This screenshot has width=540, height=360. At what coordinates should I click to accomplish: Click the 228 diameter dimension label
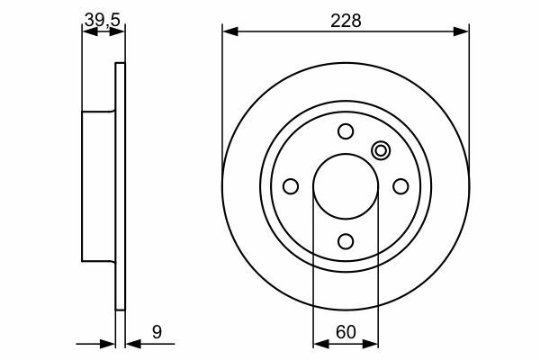click(346, 21)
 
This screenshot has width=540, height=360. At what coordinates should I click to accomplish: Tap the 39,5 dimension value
click(103, 20)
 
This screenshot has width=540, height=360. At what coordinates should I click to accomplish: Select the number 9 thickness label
click(157, 332)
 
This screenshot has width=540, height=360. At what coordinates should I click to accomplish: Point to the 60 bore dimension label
click(346, 332)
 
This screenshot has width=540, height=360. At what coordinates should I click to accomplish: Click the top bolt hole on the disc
click(346, 131)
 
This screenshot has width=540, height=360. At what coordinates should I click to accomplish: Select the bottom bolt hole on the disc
click(346, 241)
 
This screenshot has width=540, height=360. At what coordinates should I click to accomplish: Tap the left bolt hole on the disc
click(291, 186)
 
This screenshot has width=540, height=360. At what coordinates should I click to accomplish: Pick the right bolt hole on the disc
click(400, 186)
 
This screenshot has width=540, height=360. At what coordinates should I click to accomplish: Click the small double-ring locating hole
click(381, 150)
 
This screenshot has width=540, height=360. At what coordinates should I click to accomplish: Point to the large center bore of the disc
click(346, 186)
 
